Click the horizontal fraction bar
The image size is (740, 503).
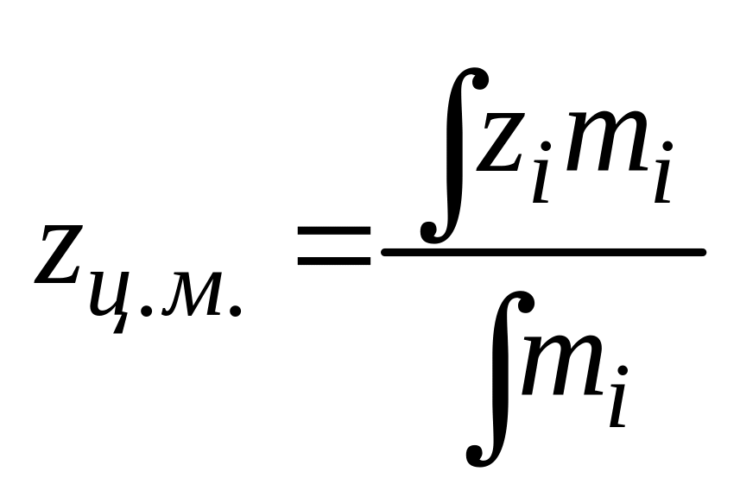[x=543, y=252]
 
